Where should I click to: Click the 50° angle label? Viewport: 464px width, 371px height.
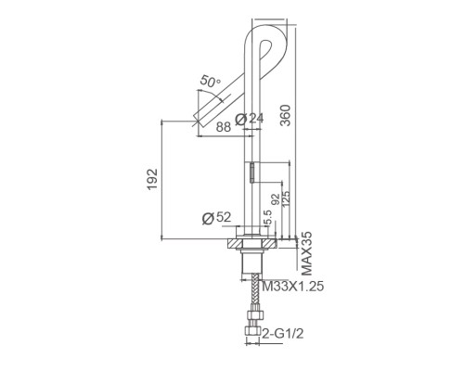(211, 81)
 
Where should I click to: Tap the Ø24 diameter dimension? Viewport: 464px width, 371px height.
(250, 119)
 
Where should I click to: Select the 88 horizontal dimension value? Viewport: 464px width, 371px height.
(224, 127)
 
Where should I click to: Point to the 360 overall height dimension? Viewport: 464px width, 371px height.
(285, 115)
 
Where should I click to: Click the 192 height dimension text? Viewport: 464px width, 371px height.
(152, 179)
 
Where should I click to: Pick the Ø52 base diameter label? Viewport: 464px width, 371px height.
(216, 218)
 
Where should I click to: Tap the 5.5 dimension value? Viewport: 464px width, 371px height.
(268, 217)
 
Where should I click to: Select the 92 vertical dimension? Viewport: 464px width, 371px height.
(275, 199)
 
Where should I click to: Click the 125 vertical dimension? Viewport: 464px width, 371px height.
(286, 199)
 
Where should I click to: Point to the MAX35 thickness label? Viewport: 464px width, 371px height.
(306, 253)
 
